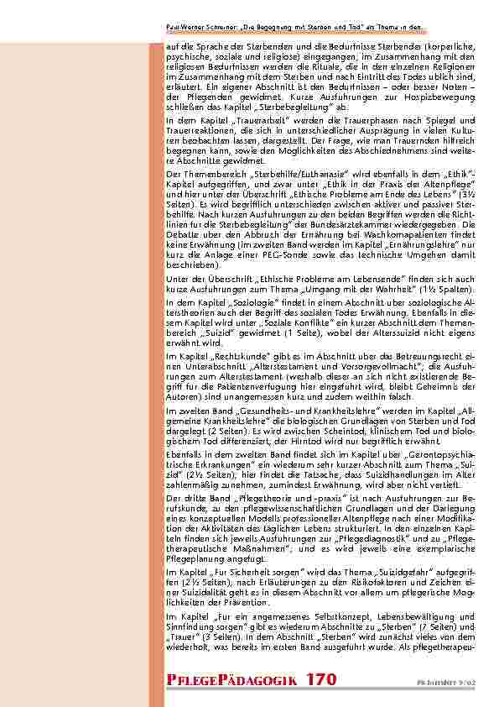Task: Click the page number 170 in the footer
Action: coord(322,678)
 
